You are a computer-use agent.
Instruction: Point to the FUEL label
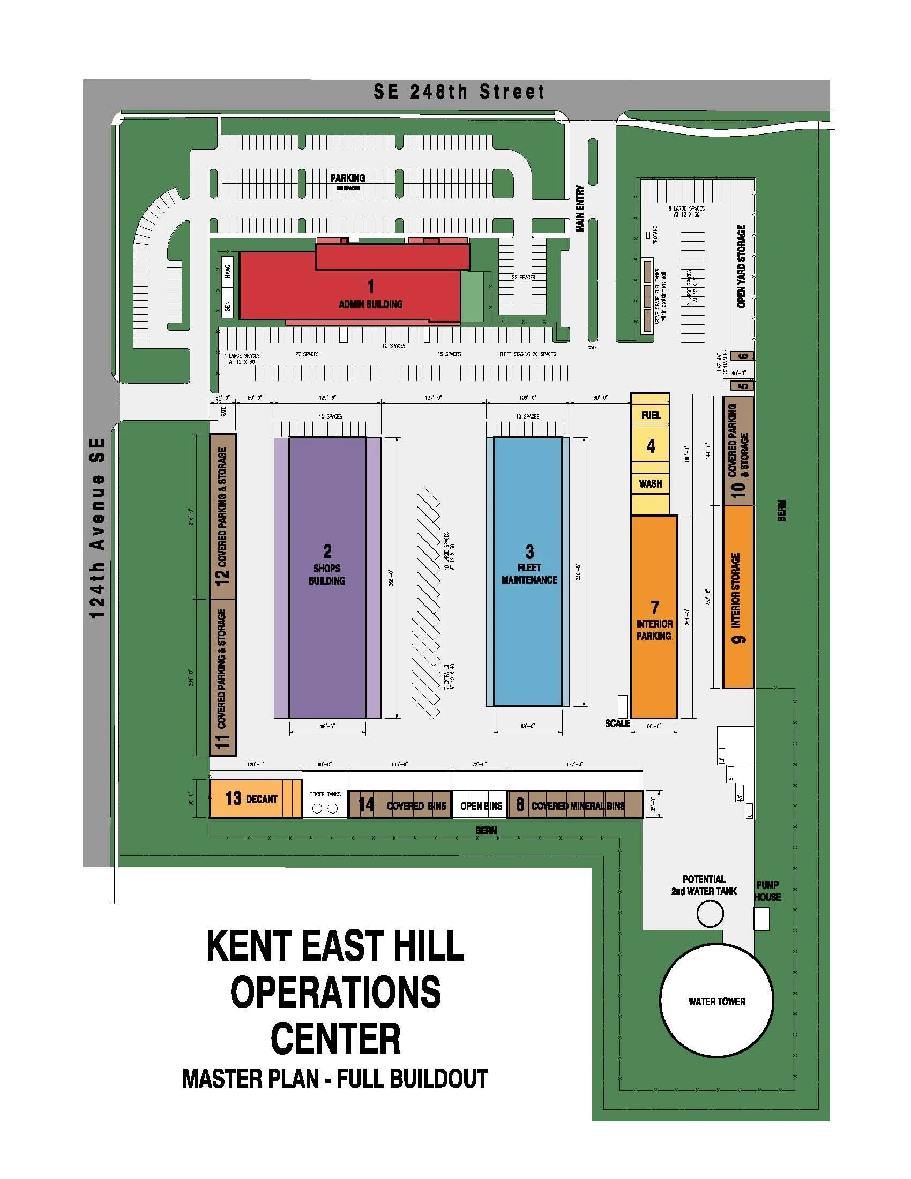[x=651, y=415]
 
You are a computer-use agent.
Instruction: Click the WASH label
[x=651, y=484]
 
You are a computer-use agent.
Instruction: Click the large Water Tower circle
[x=716, y=1002]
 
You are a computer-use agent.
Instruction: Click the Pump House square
[x=761, y=918]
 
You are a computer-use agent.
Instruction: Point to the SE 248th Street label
[x=459, y=92]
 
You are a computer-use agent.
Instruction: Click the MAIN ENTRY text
[x=580, y=209]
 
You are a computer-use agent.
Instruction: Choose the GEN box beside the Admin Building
[x=227, y=306]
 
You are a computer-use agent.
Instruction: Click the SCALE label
[x=617, y=723]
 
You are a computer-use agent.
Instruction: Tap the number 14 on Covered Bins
[x=366, y=805]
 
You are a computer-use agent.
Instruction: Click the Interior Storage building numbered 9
[x=738, y=596]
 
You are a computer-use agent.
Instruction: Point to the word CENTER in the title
[x=335, y=1039]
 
